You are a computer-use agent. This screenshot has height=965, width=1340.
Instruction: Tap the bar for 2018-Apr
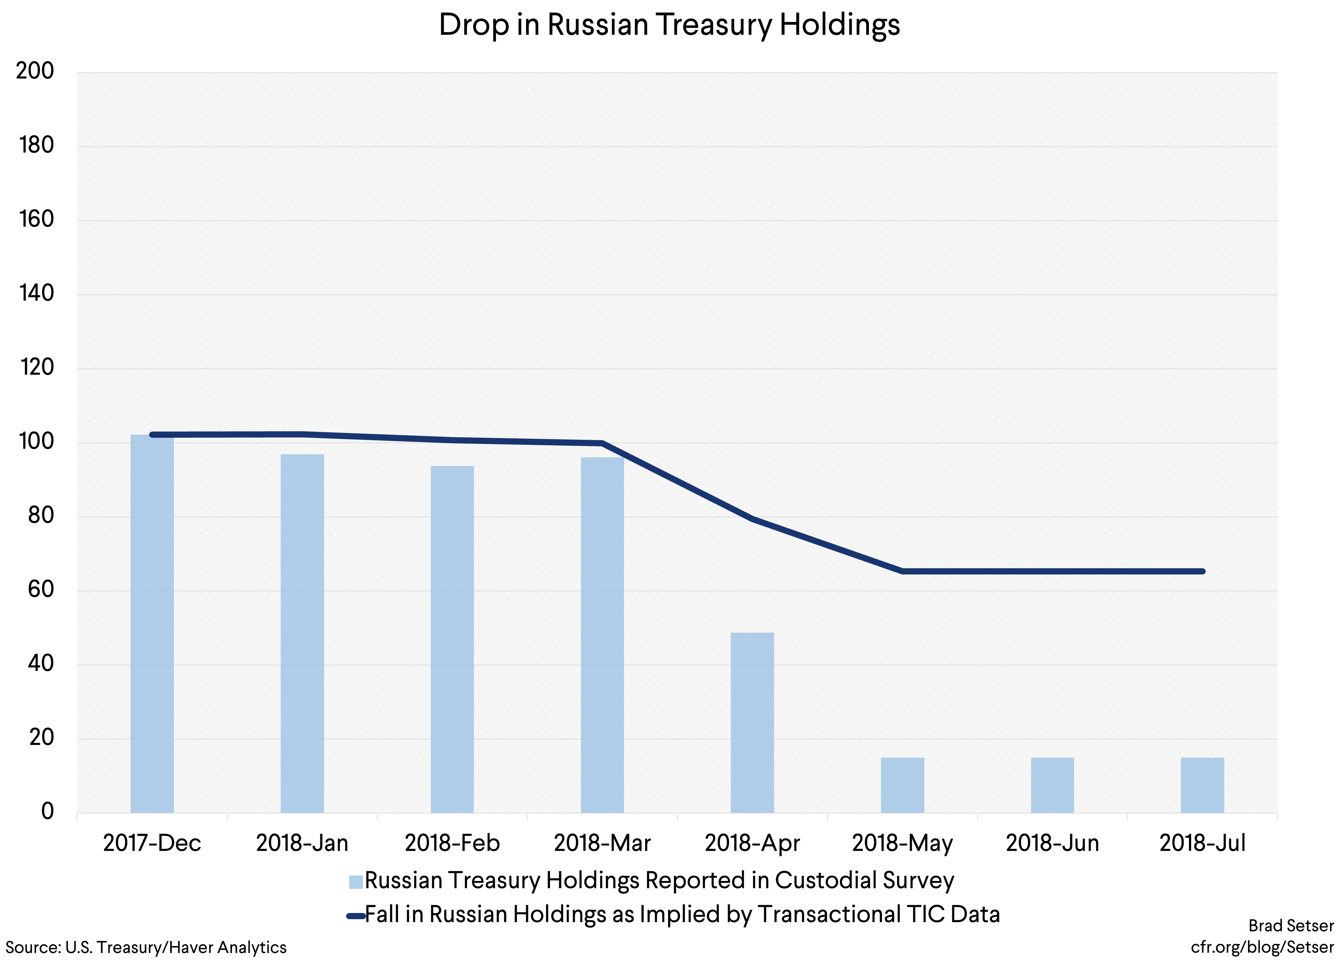click(752, 722)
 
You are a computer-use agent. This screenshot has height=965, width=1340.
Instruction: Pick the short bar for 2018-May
click(902, 785)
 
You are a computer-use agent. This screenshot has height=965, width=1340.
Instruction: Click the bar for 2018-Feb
click(452, 640)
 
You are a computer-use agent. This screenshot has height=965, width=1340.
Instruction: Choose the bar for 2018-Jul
click(1202, 785)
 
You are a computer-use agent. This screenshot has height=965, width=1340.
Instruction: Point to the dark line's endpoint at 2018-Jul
click(1202, 571)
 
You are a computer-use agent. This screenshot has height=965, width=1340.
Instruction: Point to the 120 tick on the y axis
click(37, 367)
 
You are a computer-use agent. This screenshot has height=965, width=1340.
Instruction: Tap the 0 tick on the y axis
click(47, 811)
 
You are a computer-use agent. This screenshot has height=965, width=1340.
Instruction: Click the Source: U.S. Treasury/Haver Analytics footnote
click(146, 947)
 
